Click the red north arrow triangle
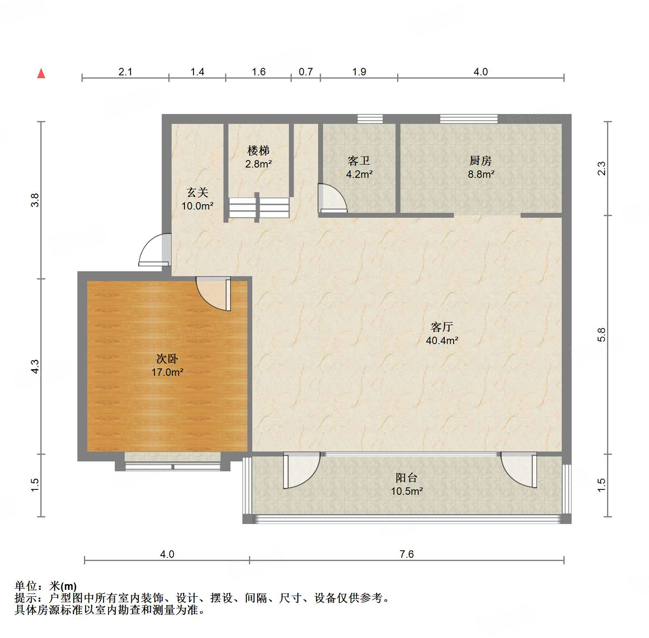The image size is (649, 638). pyautogui.click(x=41, y=73)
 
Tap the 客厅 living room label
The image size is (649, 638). pyautogui.click(x=442, y=327)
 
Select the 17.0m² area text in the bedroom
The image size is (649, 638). pyautogui.click(x=167, y=372)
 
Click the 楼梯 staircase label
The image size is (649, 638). pyautogui.click(x=258, y=150)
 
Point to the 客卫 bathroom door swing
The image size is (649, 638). pyautogui.click(x=332, y=198)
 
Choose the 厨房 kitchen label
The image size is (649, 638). pyautogui.click(x=480, y=161)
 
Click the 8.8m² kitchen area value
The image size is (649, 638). pyautogui.click(x=481, y=174)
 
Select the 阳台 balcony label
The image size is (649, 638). pyautogui.click(x=406, y=477)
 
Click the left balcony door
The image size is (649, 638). pyautogui.click(x=300, y=470)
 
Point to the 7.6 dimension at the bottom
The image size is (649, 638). pyautogui.click(x=406, y=554)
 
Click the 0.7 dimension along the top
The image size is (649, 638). pyautogui.click(x=306, y=72)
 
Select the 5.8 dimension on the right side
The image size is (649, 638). pyautogui.click(x=601, y=334)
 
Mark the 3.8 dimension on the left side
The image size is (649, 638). pyautogui.click(x=35, y=200)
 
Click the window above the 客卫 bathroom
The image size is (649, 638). pyautogui.click(x=370, y=119)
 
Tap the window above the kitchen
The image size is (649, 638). pyautogui.click(x=468, y=119)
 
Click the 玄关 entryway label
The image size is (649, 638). pyautogui.click(x=198, y=192)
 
